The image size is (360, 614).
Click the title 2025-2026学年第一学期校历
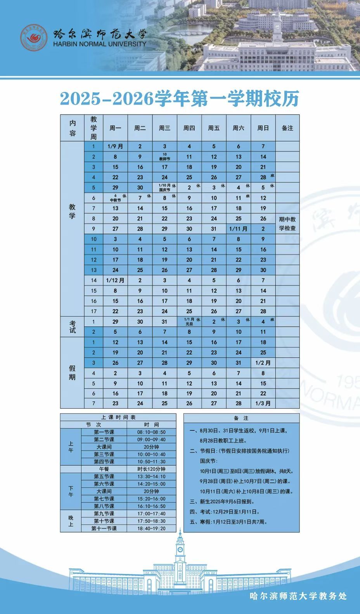[x=180, y=99]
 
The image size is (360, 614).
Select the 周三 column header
[x=164, y=128]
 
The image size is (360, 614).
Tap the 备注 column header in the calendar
[x=287, y=128]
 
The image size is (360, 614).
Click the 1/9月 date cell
[x=115, y=147]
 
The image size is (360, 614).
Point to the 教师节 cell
[x=164, y=157]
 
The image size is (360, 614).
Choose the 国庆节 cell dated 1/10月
[x=164, y=187]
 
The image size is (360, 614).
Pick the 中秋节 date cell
[x=115, y=198]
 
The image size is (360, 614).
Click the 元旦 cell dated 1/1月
[x=189, y=321]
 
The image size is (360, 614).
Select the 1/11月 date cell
[x=238, y=229]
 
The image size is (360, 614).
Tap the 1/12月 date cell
[x=115, y=280]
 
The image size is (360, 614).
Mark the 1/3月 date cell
[x=263, y=403]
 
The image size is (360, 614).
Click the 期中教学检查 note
[x=287, y=224]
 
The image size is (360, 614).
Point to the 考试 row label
[x=72, y=326]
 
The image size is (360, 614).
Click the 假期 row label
[x=72, y=373]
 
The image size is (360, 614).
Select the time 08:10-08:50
[x=151, y=432]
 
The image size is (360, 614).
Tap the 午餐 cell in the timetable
[x=104, y=469]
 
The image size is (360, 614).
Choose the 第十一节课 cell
[x=104, y=528]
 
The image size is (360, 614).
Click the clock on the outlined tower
[x=180, y=549]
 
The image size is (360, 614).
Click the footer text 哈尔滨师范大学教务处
[x=298, y=596]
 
